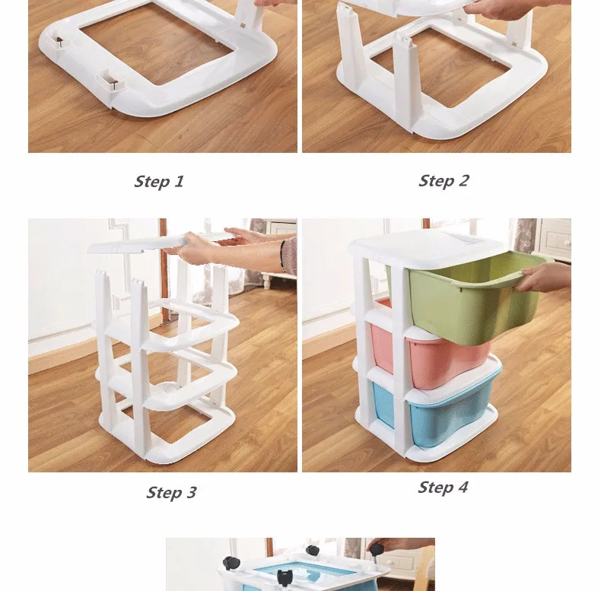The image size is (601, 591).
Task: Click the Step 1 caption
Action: point(159,182)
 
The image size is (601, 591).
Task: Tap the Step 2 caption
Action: point(444,181)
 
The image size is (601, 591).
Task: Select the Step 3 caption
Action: point(171,493)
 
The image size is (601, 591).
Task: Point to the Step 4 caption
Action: point(443,488)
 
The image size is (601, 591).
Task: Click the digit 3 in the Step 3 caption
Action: point(191,493)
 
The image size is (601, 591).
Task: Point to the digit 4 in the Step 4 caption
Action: point(463,487)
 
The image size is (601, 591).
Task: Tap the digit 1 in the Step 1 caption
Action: point(180,181)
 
